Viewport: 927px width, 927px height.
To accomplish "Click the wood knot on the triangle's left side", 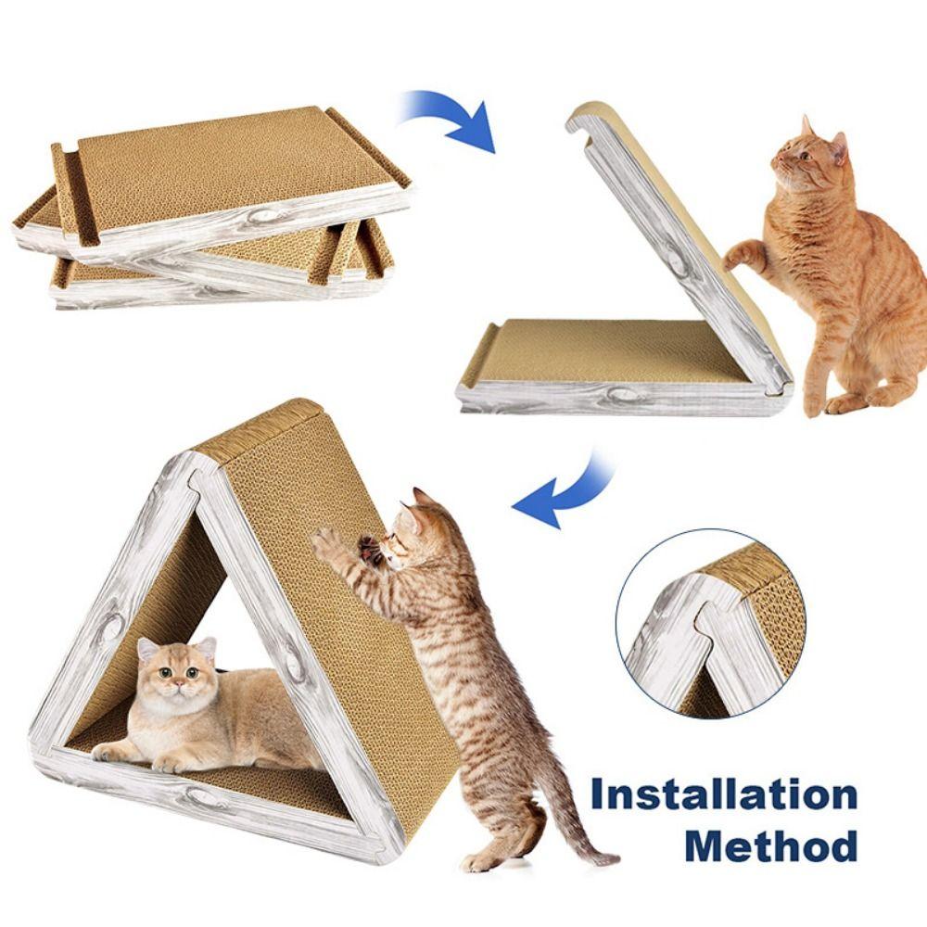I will point(111,628).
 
